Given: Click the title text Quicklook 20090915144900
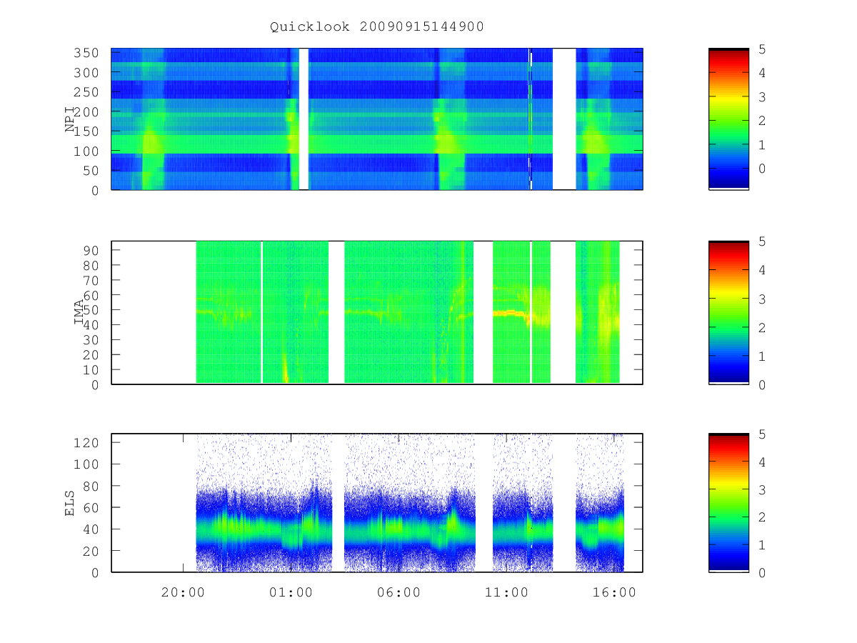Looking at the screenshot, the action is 377,26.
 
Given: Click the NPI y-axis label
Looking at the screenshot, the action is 70,119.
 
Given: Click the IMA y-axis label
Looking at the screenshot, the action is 79,312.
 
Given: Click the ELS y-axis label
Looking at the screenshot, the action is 69,503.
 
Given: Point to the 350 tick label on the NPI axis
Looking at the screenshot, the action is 86,53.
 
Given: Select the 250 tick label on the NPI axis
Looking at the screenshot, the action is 86,92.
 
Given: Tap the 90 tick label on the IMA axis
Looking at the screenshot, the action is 90,250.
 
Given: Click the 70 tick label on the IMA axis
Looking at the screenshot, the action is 90,280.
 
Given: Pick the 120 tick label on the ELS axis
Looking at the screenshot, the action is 86,443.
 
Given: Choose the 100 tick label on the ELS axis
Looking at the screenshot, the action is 86,464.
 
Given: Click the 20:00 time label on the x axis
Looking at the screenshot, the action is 183,592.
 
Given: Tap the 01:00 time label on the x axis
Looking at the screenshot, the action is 291,592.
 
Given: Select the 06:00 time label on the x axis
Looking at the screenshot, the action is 399,592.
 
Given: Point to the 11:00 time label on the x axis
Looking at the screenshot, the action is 506,592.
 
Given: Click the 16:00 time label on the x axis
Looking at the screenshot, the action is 614,592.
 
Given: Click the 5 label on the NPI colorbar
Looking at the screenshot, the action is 762,49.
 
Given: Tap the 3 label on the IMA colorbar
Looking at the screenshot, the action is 762,299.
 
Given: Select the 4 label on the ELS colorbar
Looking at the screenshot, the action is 762,462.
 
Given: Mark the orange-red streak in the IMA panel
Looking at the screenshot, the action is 511,313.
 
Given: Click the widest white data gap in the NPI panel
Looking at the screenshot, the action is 563,119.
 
